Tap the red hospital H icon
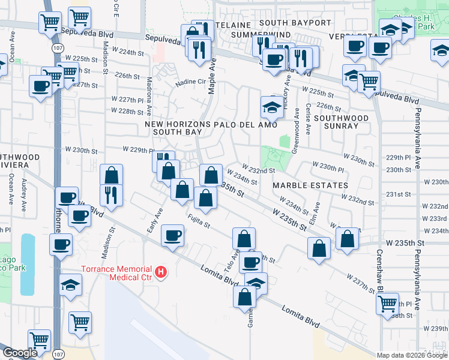[161, 272]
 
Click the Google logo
[20, 353]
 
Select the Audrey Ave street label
[25, 190]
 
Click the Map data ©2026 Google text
[412, 355]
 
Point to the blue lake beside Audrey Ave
[28, 264]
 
